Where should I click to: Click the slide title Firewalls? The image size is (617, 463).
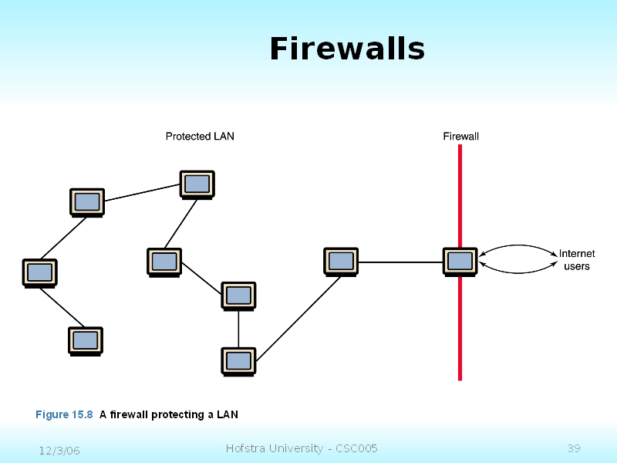tap(347, 49)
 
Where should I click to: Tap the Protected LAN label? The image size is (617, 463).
tap(200, 137)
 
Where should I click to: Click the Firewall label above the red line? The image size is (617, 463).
tap(460, 137)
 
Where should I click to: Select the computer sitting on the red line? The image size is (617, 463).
tap(460, 261)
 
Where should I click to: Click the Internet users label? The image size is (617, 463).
tap(576, 260)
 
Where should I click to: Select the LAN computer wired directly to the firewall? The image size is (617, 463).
tap(340, 261)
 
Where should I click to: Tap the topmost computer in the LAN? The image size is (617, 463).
tap(197, 184)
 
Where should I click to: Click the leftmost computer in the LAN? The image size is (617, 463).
tap(39, 272)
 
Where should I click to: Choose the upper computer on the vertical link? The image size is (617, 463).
tap(238, 296)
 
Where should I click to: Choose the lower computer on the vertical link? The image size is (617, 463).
tap(238, 360)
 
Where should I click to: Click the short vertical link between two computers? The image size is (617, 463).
tap(238, 328)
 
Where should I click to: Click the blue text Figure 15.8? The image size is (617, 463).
tap(64, 415)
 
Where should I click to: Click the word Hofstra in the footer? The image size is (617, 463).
tap(245, 448)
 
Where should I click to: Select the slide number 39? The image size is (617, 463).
tap(573, 449)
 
